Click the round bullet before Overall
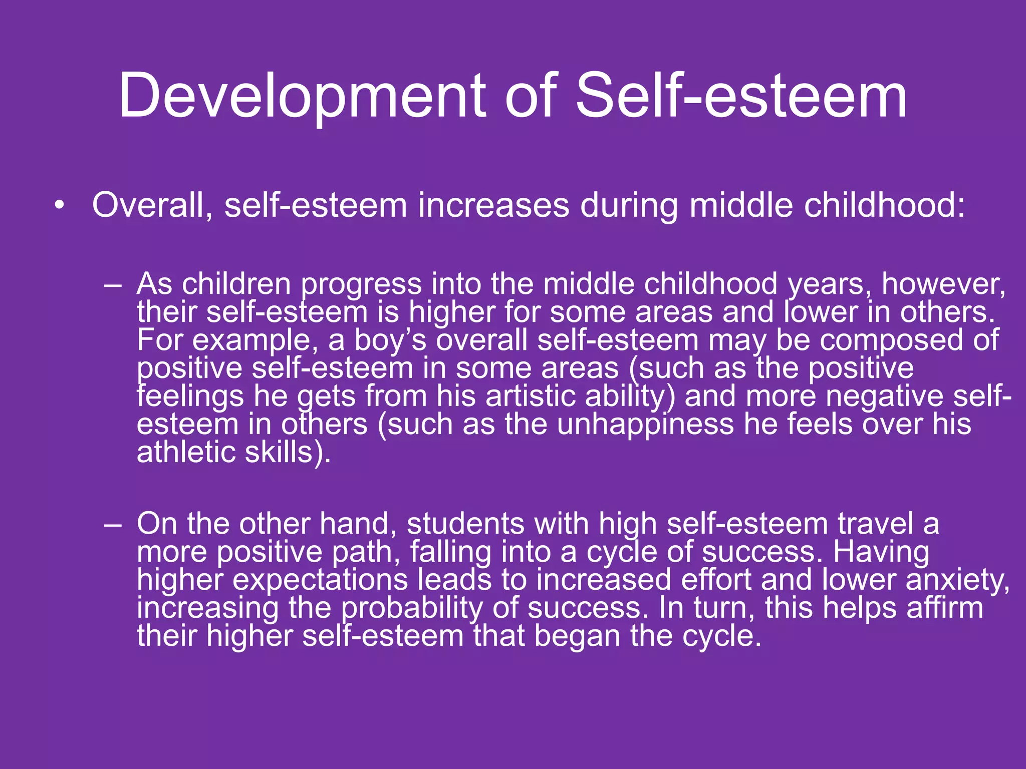(x=60, y=205)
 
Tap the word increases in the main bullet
(x=493, y=205)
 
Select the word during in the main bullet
(x=629, y=205)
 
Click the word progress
(x=361, y=284)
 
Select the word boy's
(x=390, y=340)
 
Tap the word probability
(x=412, y=608)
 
